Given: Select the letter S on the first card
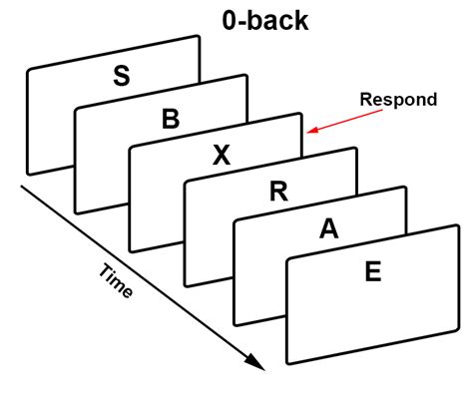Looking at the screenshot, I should coord(121,76).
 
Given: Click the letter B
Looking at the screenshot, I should coord(171,120).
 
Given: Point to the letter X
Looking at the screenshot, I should coord(222,155).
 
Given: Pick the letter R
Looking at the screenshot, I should coord(278,192).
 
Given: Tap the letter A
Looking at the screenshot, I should coord(327,228).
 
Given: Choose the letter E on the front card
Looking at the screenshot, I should coord(372,270).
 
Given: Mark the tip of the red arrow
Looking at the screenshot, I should coord(308,131).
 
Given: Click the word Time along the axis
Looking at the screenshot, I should coord(116,282).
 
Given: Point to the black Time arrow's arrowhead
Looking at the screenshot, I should coord(261,367).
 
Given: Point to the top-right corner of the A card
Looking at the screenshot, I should coord(407,187).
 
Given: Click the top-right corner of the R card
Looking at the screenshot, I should coord(356,148).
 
